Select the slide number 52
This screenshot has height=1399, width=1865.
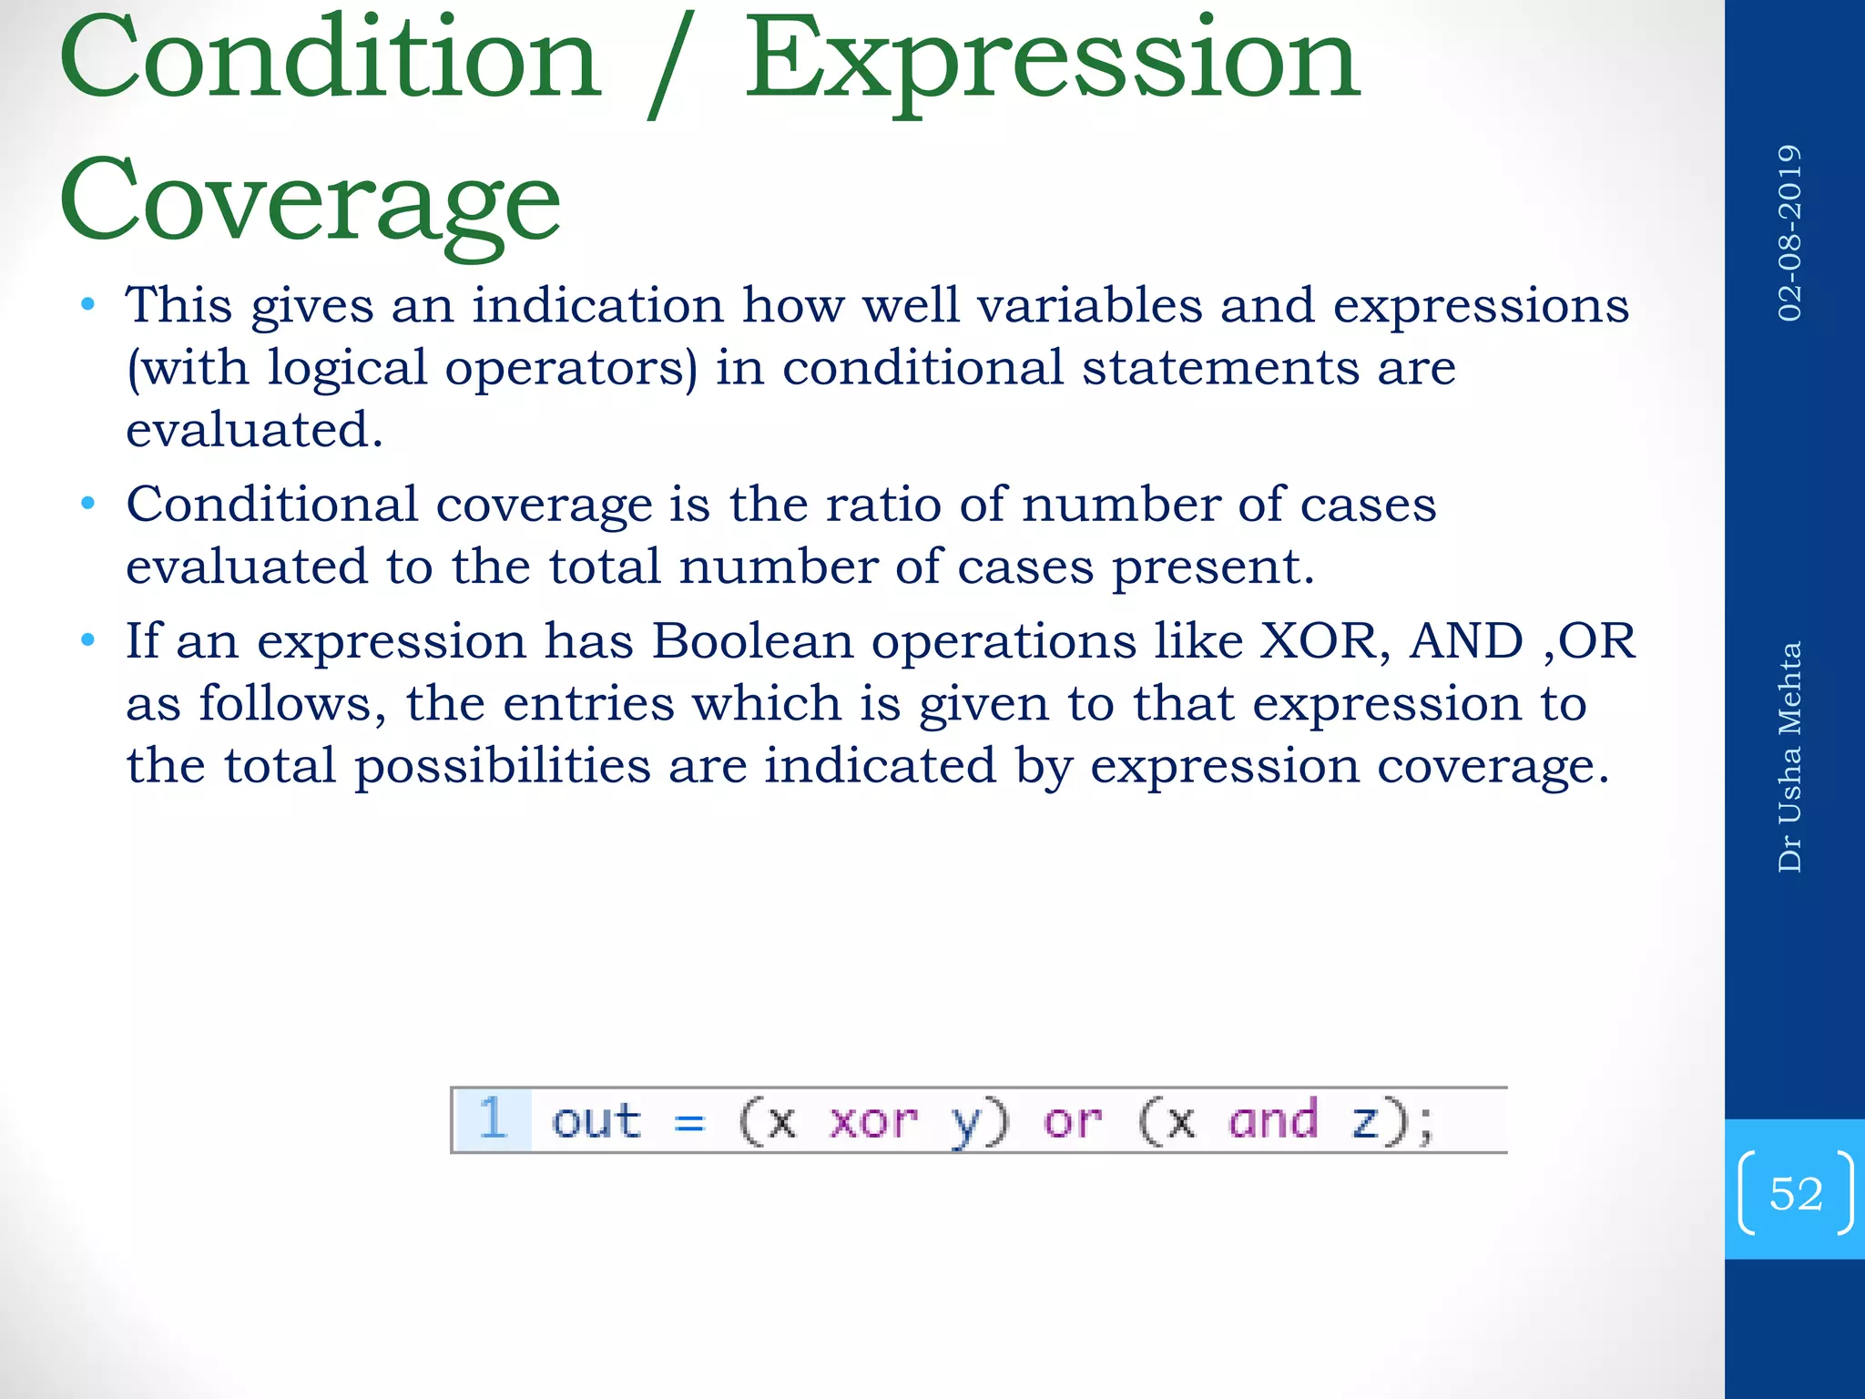pyautogui.click(x=1796, y=1193)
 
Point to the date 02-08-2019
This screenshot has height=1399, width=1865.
pyautogui.click(x=1789, y=232)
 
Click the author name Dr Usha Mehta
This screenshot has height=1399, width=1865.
pyautogui.click(x=1789, y=756)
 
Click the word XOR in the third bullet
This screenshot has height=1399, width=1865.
pyautogui.click(x=1323, y=640)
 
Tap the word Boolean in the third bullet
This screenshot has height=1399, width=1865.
pyautogui.click(x=752, y=640)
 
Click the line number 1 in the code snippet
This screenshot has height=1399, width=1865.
pyautogui.click(x=493, y=1118)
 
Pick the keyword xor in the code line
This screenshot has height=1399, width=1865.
pyautogui.click(x=872, y=1120)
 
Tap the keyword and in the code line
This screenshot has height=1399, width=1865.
pyautogui.click(x=1273, y=1120)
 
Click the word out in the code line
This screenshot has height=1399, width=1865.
pyautogui.click(x=596, y=1120)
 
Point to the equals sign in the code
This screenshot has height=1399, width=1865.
pyautogui.click(x=689, y=1123)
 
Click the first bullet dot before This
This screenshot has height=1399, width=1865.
pyautogui.click(x=88, y=304)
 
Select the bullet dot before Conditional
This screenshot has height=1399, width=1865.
pyautogui.click(x=88, y=504)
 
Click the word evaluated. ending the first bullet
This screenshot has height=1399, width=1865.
pyautogui.click(x=254, y=430)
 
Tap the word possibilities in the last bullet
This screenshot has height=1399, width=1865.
pyautogui.click(x=502, y=765)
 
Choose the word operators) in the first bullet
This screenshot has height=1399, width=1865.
pyautogui.click(x=571, y=369)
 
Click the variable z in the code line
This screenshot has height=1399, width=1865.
pyautogui.click(x=1363, y=1122)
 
